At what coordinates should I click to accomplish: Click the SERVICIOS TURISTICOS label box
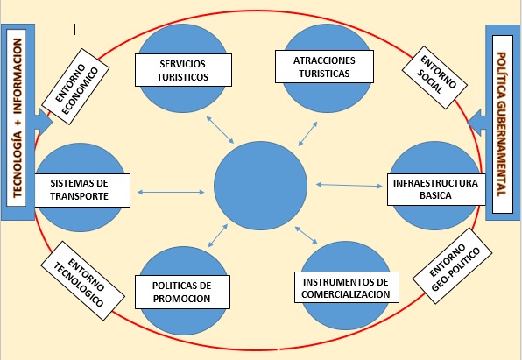point(183,70)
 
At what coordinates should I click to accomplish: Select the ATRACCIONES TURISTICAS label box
point(324,67)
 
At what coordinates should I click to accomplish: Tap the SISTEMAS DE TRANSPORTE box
point(82,190)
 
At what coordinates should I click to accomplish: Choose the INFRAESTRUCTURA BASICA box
point(436,189)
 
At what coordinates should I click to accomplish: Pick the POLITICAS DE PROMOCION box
point(182,292)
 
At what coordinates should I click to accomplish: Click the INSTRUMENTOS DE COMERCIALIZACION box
point(347,287)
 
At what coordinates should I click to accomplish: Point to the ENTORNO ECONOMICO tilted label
point(76,87)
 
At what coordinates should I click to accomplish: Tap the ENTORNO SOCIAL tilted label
point(434,78)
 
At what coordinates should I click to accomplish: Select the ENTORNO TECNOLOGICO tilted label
point(83,281)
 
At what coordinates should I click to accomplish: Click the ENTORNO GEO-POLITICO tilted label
point(453,265)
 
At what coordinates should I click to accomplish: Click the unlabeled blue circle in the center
point(260,186)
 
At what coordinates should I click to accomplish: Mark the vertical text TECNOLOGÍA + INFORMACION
point(17,118)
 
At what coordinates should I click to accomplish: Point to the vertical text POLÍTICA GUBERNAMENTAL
point(502,124)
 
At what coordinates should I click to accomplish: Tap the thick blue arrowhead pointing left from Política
point(476,123)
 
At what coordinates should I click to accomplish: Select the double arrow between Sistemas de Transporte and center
point(171,192)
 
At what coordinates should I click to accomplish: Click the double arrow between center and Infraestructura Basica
point(349,185)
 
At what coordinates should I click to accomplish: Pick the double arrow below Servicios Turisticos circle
point(220,130)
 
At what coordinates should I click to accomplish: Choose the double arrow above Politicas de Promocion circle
point(218,236)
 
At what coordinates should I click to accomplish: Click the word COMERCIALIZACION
point(346,294)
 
